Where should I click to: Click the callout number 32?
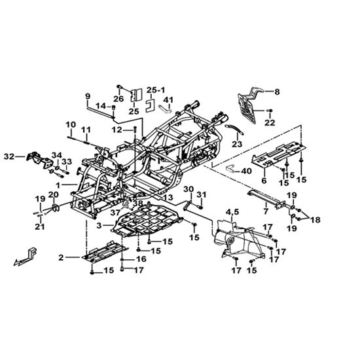click(x=9, y=157)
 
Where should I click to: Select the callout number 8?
click(x=277, y=92)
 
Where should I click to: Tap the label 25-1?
click(x=156, y=90)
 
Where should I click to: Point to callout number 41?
click(x=168, y=100)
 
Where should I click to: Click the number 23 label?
click(x=237, y=144)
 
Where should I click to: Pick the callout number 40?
click(x=246, y=171)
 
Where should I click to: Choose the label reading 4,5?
click(x=233, y=213)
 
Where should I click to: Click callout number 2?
click(x=61, y=258)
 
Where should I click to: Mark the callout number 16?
click(x=141, y=259)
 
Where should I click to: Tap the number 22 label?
click(x=270, y=123)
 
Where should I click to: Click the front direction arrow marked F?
click(x=26, y=257)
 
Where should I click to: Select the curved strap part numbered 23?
click(x=234, y=130)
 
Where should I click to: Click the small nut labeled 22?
click(x=270, y=111)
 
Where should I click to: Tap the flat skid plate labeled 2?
click(x=105, y=252)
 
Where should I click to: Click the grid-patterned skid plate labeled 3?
click(x=147, y=221)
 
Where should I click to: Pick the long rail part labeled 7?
click(x=267, y=199)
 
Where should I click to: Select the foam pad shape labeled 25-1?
click(x=150, y=105)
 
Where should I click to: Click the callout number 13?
click(x=168, y=198)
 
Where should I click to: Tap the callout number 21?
click(x=40, y=226)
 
